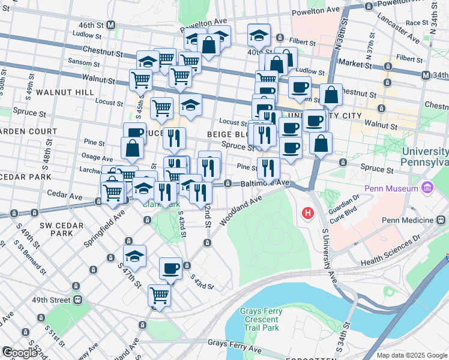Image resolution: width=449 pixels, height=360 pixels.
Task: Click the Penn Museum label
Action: click(x=393, y=189)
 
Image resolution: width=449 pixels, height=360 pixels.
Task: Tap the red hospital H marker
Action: click(x=308, y=213)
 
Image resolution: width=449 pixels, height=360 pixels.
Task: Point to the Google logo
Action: click(x=20, y=353)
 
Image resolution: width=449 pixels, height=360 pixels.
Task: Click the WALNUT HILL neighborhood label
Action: click(x=65, y=92)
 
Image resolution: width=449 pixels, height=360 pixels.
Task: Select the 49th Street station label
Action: click(x=52, y=299)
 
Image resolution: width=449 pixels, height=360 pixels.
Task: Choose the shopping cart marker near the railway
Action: click(x=159, y=295)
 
